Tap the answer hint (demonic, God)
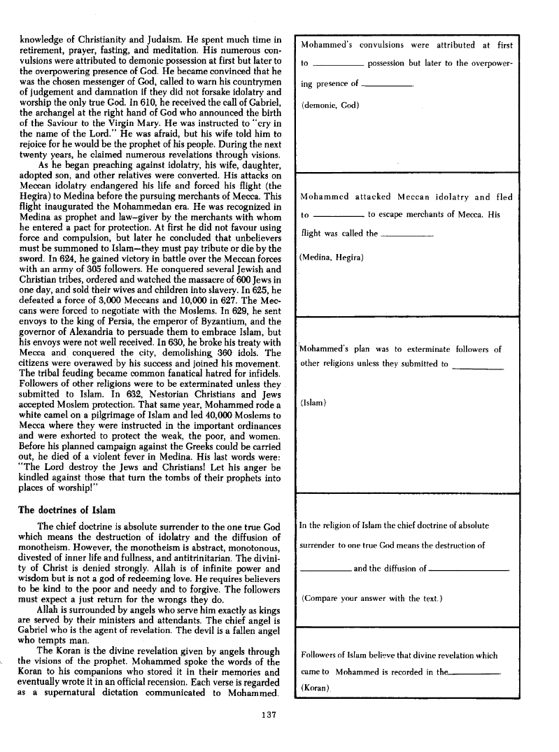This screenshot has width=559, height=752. pyautogui.click(x=330, y=106)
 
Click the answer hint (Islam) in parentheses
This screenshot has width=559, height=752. pyautogui.click(x=312, y=404)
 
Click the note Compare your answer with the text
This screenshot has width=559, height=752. pyautogui.click(x=372, y=599)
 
